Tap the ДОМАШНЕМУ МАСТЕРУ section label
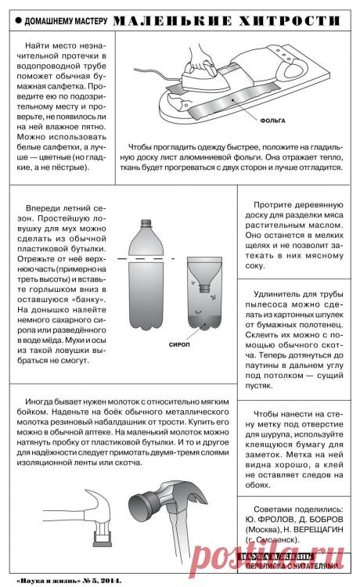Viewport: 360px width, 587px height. point(59,18)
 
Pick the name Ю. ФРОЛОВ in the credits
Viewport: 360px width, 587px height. point(265,519)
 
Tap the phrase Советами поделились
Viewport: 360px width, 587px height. point(298,508)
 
